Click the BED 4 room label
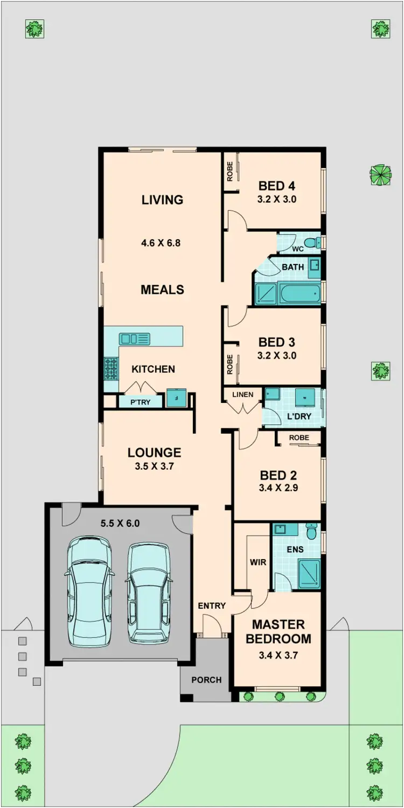[276, 186]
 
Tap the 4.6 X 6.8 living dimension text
[161, 243]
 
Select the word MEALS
[162, 290]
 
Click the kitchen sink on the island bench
[135, 339]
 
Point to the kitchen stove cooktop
[111, 369]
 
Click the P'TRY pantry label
[134, 402]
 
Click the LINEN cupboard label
[242, 394]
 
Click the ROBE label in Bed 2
[299, 438]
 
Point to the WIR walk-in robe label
[257, 562]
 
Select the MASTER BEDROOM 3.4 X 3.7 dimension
[278, 656]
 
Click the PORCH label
[206, 680]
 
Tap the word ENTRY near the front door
[212, 606]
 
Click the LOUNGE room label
[154, 453]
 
